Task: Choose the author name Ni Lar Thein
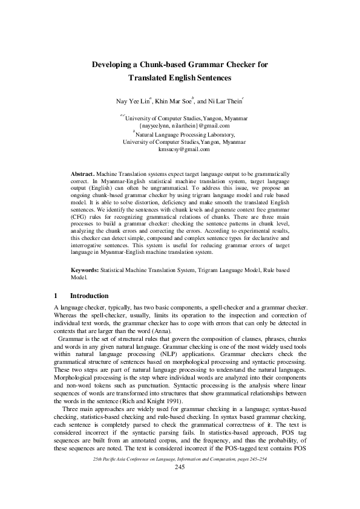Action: (x=224, y=101)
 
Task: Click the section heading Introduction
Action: (x=90, y=296)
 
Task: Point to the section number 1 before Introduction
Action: (x=56, y=296)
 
